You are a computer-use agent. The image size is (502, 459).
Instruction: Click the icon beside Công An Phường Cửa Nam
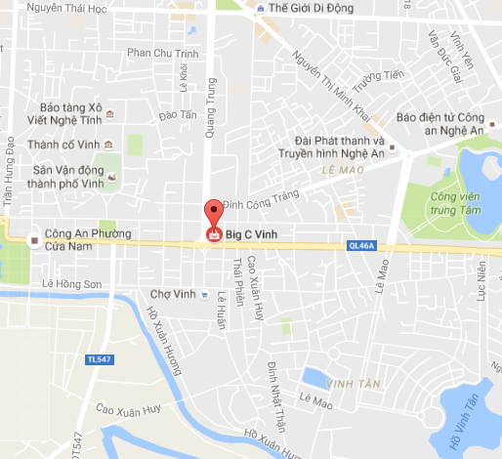35,236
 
